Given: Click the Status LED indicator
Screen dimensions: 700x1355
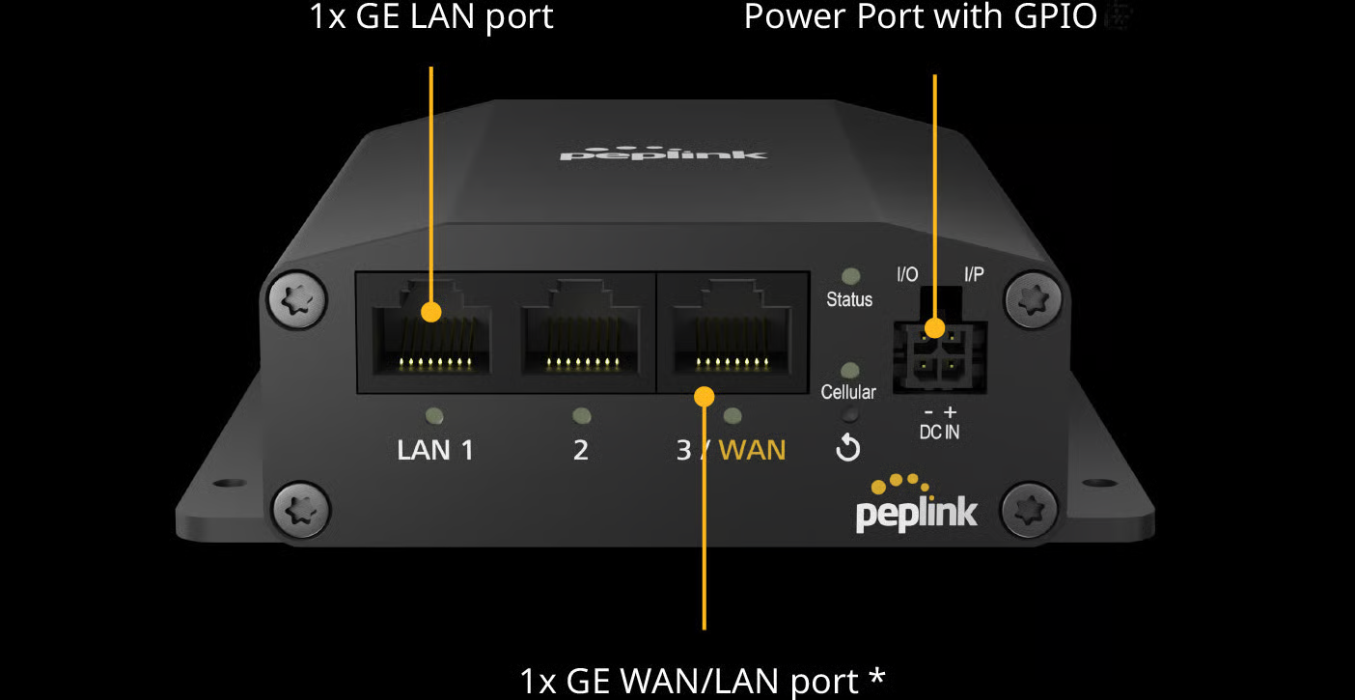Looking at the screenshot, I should (850, 277).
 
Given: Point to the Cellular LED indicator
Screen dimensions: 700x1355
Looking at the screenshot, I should (850, 370).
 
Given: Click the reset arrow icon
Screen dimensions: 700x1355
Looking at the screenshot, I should (848, 448).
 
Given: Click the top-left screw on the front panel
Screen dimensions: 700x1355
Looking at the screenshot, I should (291, 302).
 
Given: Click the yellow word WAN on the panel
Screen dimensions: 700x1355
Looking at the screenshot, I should (753, 450).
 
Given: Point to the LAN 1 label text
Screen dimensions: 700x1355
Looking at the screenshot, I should (435, 450).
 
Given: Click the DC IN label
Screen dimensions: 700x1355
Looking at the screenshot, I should (939, 432).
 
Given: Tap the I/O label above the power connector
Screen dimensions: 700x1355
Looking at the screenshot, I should (907, 275).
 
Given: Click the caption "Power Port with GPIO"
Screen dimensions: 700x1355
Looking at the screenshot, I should (921, 16).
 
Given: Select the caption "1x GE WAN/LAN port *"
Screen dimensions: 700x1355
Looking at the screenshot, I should (702, 681).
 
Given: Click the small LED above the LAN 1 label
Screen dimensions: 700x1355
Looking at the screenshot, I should (435, 416).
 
